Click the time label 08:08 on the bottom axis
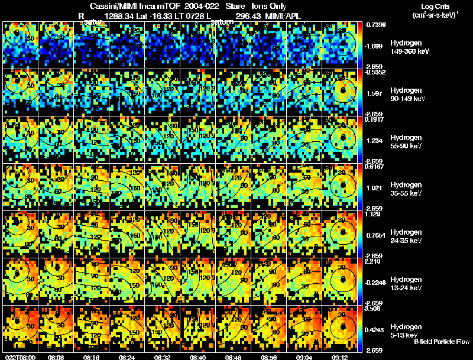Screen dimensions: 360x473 tap(57, 357)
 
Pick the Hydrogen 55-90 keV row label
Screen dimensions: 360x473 tap(406, 141)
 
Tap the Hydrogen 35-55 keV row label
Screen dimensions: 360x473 tap(406, 189)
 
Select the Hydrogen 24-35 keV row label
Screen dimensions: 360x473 tap(406, 236)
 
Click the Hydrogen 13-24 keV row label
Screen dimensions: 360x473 tap(406, 284)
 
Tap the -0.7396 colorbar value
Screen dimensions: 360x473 tap(375, 24)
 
